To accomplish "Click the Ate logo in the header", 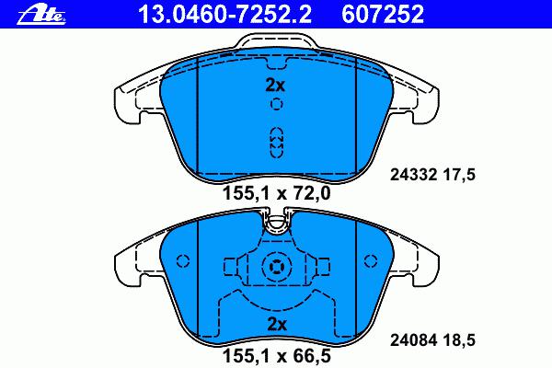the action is [41, 15].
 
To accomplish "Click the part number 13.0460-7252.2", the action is [225, 14].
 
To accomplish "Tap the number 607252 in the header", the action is [383, 14].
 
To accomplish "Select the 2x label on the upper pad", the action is [275, 86].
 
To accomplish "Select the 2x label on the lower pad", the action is [277, 325].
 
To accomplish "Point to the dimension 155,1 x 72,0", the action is [277, 193].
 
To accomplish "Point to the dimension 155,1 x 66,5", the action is [277, 356].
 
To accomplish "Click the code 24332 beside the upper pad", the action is [413, 175].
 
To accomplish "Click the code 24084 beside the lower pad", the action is [413, 340].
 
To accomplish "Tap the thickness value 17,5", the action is [459, 175].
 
